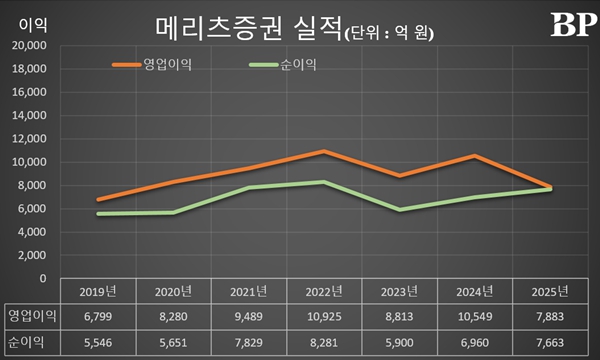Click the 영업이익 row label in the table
tap(31, 316)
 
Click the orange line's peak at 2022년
tap(322, 151)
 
